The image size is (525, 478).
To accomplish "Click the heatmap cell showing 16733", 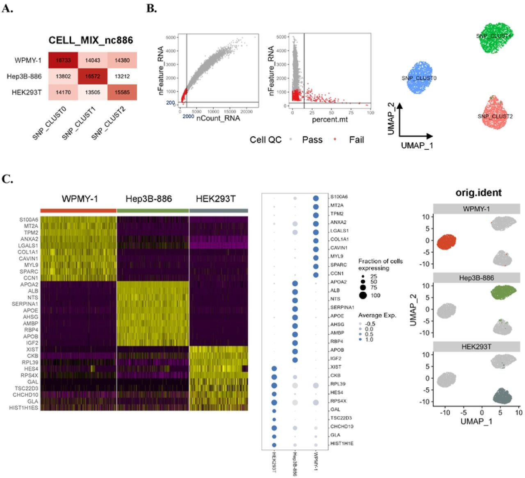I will click(63, 60).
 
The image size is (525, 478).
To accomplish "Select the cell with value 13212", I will click(122, 76).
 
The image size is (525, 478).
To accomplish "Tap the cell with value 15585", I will click(122, 92).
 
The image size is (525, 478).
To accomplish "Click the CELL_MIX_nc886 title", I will click(91, 40).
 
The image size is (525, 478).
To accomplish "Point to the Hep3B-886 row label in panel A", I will click(24, 76).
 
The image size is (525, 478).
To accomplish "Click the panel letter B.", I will click(151, 8).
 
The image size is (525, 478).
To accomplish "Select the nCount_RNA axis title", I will click(218, 118).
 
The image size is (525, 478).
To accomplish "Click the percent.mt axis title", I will click(330, 119).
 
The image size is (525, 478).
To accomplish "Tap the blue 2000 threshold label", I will click(188, 117).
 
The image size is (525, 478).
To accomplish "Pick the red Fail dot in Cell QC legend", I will click(335, 140).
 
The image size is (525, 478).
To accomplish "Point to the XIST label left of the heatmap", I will click(32, 349).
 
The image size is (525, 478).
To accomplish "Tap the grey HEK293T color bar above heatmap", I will click(219, 210).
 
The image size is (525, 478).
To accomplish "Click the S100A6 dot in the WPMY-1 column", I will click(316, 199).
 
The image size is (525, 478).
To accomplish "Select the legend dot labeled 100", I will click(363, 295).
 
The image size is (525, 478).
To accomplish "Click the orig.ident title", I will click(478, 192).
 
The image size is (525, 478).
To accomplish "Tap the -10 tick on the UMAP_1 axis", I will click(445, 412).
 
